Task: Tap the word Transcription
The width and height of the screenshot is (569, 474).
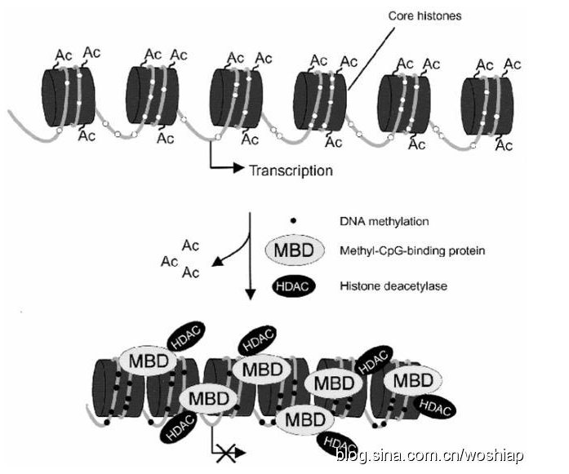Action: [x=291, y=171]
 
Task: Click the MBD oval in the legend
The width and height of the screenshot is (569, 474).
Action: [x=291, y=250]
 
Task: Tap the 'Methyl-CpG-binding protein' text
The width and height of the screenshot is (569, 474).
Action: [x=411, y=250]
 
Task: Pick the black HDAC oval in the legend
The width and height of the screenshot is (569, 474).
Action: [x=292, y=286]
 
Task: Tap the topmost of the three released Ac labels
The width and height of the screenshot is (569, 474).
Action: [x=190, y=245]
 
